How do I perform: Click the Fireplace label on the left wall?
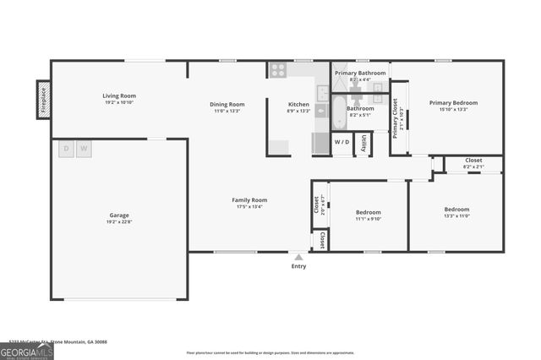[x=43, y=99]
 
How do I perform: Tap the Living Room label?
[x=120, y=95]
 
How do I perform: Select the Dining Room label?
[x=227, y=104]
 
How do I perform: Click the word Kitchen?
[x=299, y=104]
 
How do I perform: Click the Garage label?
[x=118, y=215]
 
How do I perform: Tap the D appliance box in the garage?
[x=66, y=150]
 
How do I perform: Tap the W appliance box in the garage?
[x=83, y=150]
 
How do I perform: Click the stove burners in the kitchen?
[x=277, y=71]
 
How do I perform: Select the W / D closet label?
[x=342, y=142]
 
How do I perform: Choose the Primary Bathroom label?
[x=360, y=74]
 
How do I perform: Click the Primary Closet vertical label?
[x=396, y=117]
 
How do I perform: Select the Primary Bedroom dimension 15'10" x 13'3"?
[x=453, y=110]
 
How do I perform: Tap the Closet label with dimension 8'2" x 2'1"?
[x=473, y=160]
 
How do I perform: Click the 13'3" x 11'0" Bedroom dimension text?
[x=456, y=216]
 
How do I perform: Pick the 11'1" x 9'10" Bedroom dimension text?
[x=368, y=219]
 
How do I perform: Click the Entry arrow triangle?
[x=298, y=255]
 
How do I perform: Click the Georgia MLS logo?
[x=27, y=352]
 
